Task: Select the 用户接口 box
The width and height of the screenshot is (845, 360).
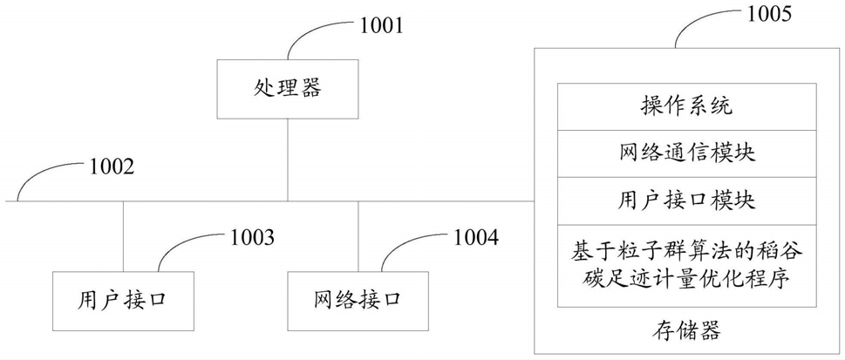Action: tap(122, 301)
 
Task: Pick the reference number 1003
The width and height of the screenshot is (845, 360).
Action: tap(252, 236)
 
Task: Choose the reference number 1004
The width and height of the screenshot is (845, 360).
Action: tap(476, 236)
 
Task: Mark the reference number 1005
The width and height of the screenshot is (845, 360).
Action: tap(767, 13)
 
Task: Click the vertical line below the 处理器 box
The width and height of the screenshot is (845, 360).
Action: tap(287, 160)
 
